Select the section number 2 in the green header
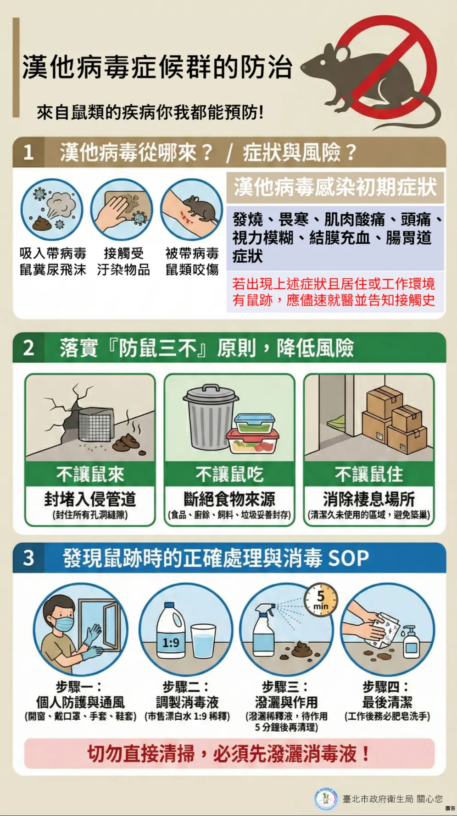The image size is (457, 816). click(x=28, y=348)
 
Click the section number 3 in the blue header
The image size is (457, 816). click(x=28, y=558)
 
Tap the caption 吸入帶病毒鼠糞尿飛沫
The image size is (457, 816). click(x=53, y=261)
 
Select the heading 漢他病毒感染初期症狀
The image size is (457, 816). click(x=335, y=187)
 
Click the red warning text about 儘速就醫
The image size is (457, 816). click(x=334, y=292)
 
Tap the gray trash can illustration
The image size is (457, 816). click(x=210, y=417)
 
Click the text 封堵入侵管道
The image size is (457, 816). click(x=90, y=499)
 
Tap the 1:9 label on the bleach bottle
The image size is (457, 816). click(x=171, y=643)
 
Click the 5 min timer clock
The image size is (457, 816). click(x=321, y=600)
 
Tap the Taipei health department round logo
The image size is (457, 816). click(x=326, y=799)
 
